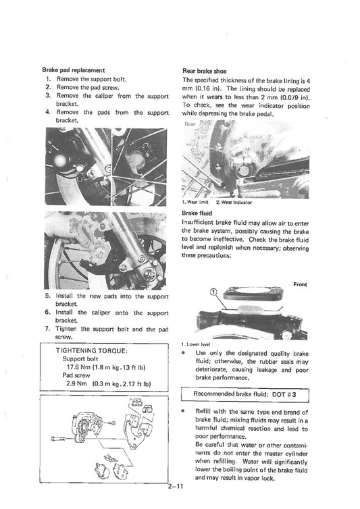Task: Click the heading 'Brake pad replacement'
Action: [73, 70]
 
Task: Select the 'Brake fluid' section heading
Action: [198, 213]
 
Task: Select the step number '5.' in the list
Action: [48, 296]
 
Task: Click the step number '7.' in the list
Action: [48, 329]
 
